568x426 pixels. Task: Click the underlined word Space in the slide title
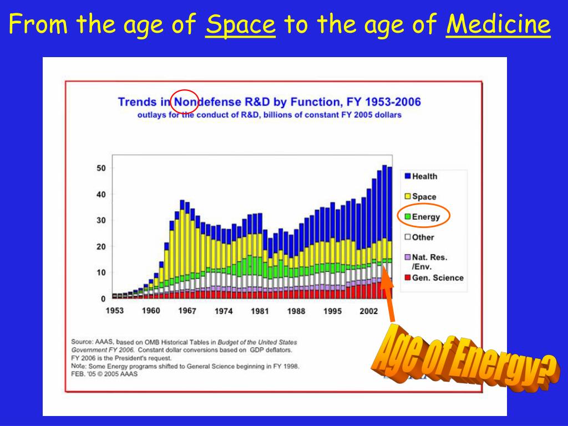(x=240, y=25)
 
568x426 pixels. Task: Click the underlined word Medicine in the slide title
(x=498, y=25)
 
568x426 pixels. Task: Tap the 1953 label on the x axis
(x=115, y=311)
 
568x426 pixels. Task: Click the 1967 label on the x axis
(x=187, y=311)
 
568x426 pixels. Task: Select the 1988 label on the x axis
(x=296, y=311)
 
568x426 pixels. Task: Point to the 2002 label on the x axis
(x=369, y=311)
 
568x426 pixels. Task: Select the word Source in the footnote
(x=82, y=342)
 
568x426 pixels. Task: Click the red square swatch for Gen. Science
(x=408, y=278)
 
